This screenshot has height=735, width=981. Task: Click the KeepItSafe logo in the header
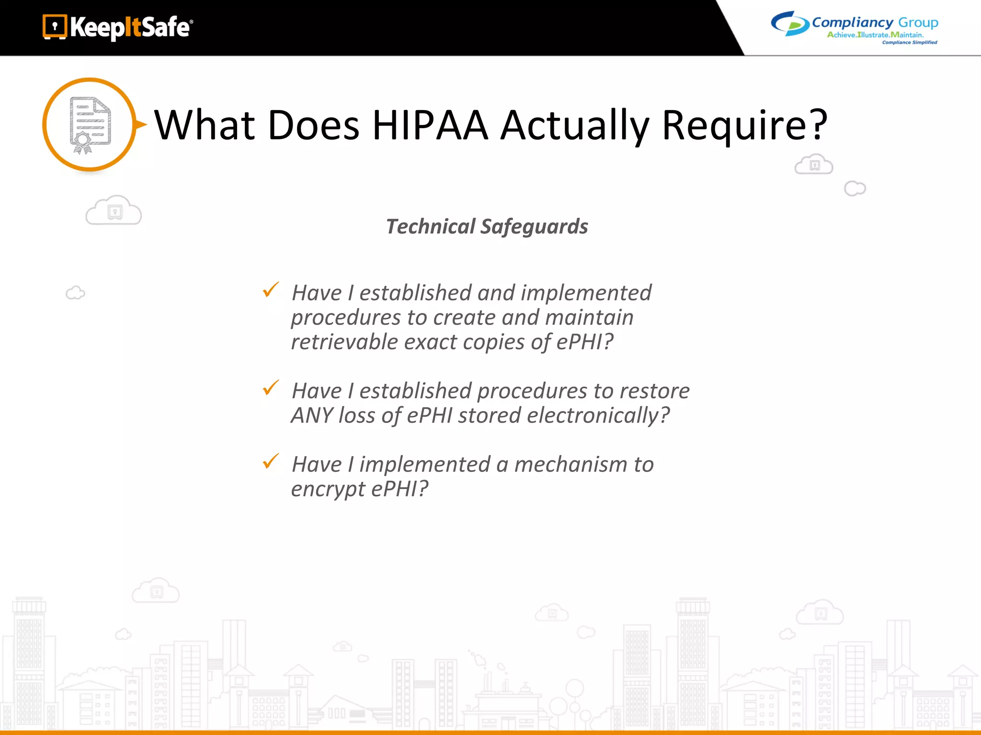pyautogui.click(x=118, y=27)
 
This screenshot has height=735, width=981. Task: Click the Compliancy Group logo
pyautogui.click(x=854, y=27)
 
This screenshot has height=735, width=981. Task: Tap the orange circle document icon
pyautogui.click(x=90, y=124)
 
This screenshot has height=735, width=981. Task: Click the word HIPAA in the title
pyautogui.click(x=430, y=125)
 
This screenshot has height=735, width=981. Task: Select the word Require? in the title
pyautogui.click(x=744, y=125)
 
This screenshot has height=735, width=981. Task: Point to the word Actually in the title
pyautogui.click(x=575, y=125)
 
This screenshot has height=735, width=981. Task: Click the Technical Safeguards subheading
pyautogui.click(x=487, y=226)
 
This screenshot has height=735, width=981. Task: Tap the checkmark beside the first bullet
pyautogui.click(x=271, y=290)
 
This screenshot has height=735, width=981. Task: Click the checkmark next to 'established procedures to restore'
pyautogui.click(x=271, y=388)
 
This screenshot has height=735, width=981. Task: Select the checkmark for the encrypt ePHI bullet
pyautogui.click(x=271, y=461)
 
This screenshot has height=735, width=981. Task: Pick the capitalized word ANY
pyautogui.click(x=312, y=415)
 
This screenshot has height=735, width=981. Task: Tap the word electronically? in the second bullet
pyautogui.click(x=598, y=415)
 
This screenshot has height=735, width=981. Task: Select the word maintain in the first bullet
pyautogui.click(x=589, y=318)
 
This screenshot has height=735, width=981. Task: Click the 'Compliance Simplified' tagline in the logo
pyautogui.click(x=909, y=43)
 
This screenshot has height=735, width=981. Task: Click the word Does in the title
pyautogui.click(x=313, y=125)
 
